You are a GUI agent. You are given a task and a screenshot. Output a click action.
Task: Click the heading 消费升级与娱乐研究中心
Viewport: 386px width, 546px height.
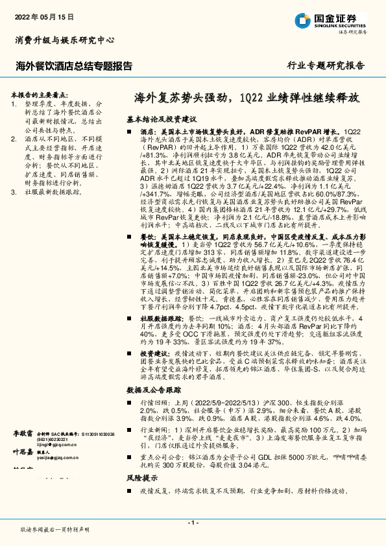pos(65,40)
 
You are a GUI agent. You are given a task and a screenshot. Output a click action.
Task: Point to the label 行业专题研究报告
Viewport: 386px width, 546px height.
pos(326,65)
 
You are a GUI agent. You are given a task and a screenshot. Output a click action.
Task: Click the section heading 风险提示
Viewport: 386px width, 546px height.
pos(143,495)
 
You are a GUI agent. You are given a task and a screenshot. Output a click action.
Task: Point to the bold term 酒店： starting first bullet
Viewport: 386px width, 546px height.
pos(147,130)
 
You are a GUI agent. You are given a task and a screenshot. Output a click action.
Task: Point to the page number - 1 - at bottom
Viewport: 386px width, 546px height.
pos(193,522)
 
